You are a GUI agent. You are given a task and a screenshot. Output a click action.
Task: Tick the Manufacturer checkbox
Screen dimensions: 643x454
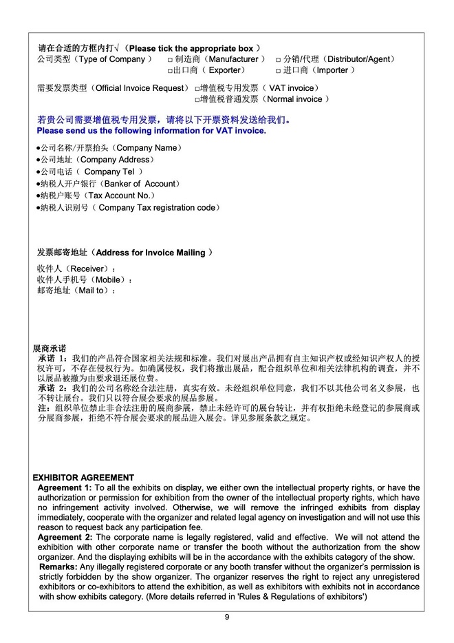click(x=171, y=60)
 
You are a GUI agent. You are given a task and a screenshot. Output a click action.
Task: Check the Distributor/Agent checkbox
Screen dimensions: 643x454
click(x=279, y=60)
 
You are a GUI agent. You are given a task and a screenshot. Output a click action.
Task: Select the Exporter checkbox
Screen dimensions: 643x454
click(x=171, y=71)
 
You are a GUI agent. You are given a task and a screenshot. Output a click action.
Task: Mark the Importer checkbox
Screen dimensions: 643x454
click(x=279, y=71)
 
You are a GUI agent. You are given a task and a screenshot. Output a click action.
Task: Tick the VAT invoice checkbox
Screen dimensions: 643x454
click(x=197, y=89)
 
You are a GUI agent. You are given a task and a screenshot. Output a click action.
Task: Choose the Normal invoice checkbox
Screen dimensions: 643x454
click(x=197, y=100)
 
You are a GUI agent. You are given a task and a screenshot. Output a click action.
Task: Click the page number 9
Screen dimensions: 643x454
click(x=227, y=617)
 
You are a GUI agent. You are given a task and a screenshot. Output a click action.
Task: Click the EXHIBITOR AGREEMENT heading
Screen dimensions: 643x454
click(x=83, y=478)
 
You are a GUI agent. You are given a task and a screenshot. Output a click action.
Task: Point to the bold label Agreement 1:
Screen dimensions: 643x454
click(x=64, y=487)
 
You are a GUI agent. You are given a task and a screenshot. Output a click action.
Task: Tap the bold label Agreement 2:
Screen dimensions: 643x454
click(x=64, y=537)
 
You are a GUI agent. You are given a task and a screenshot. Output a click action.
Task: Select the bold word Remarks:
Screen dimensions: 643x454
click(x=58, y=567)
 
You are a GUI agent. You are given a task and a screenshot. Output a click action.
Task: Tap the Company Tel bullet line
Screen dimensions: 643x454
click(x=89, y=171)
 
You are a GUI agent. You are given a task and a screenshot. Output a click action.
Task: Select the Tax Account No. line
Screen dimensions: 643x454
click(x=94, y=196)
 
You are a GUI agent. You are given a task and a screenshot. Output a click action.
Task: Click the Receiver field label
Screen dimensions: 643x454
click(x=76, y=268)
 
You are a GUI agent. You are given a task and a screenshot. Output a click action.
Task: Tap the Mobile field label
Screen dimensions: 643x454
click(x=83, y=280)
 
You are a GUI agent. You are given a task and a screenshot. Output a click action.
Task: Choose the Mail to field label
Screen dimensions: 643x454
click(x=76, y=291)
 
